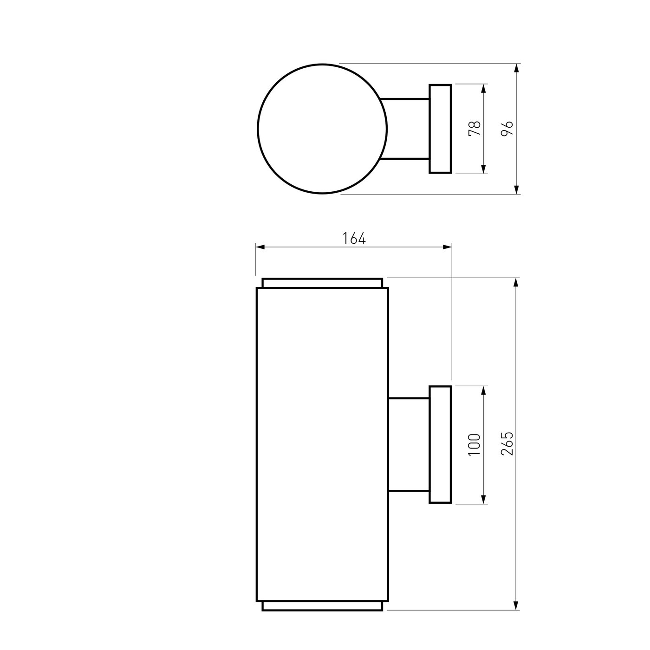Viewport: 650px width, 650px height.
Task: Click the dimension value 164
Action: point(354,238)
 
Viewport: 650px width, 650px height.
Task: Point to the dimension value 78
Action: point(474,128)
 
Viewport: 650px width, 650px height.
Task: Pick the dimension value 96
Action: point(507,128)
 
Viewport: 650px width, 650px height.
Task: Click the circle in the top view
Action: point(257,129)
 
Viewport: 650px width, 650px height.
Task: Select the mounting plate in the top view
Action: point(440,129)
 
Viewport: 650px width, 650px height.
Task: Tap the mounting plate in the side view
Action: point(440,445)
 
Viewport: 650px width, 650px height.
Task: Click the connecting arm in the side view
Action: point(409,445)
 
